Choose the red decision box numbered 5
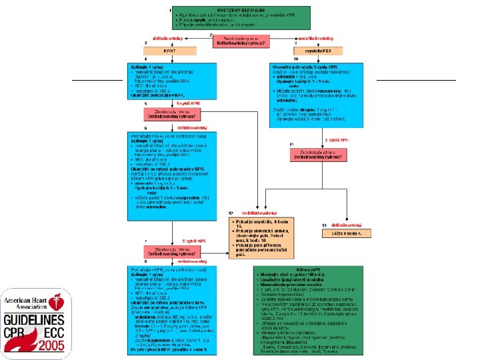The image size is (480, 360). pos(172,113)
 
